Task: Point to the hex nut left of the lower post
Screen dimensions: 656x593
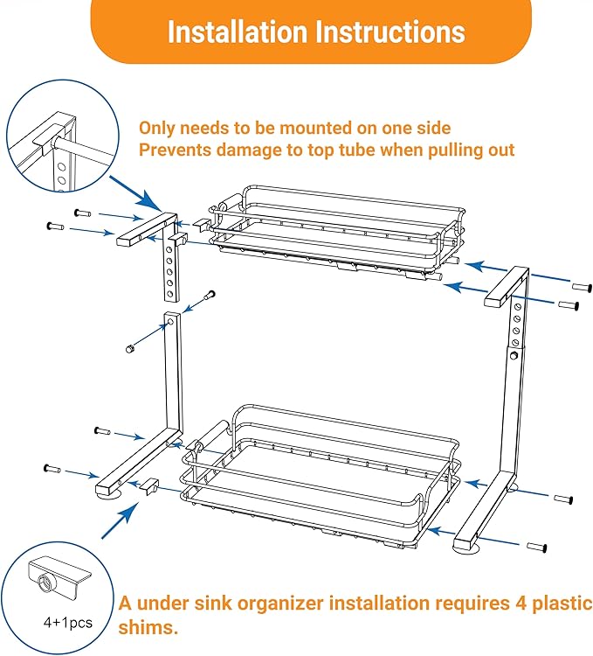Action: pyautogui.click(x=128, y=349)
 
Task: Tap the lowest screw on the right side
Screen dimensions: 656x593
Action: pyautogui.click(x=535, y=547)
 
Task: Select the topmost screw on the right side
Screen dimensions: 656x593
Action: pyautogui.click(x=581, y=286)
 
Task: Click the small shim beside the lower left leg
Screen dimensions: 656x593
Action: pyautogui.click(x=148, y=484)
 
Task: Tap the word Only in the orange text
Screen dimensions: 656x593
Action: pyautogui.click(x=158, y=128)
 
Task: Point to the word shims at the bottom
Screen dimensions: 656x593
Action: pyautogui.click(x=149, y=628)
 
